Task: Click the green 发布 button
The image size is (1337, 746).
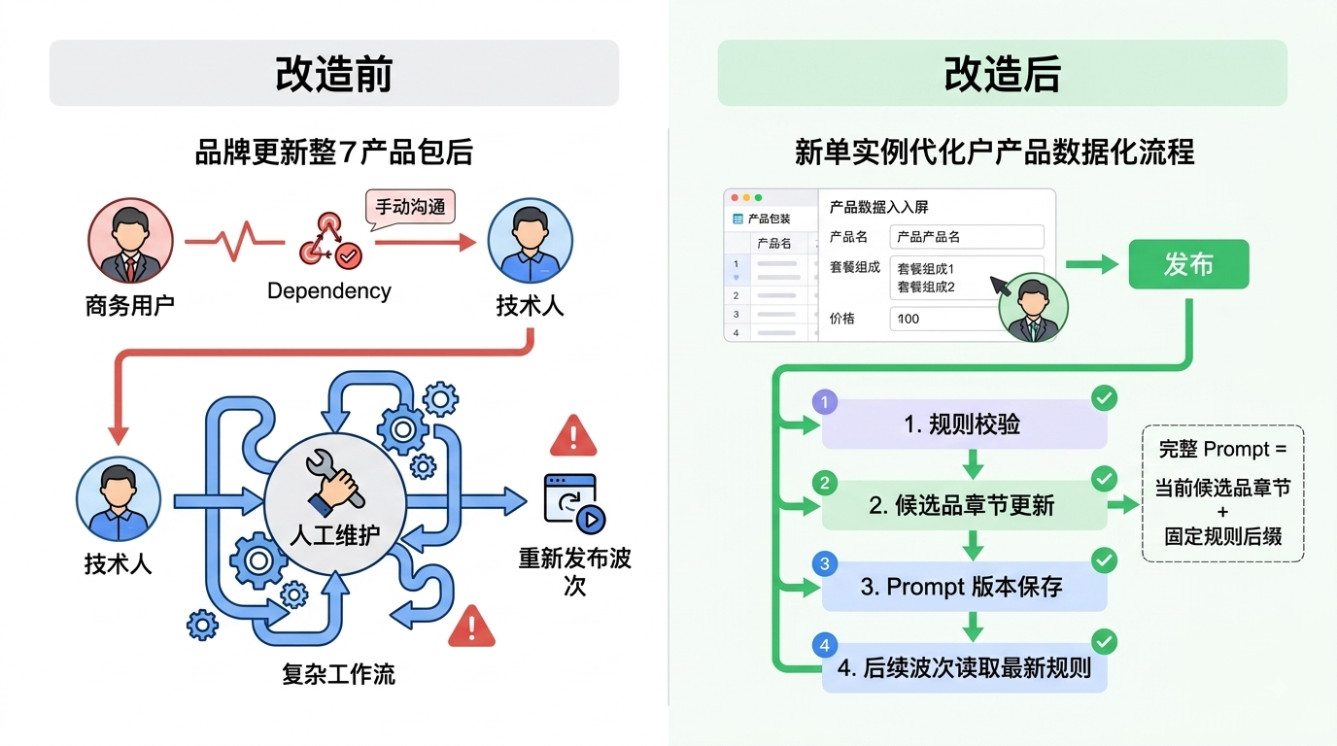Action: coord(1188,264)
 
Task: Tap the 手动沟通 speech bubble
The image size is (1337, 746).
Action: coord(410,208)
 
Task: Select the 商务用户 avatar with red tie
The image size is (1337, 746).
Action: coord(130,241)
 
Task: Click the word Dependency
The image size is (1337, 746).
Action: coord(328,290)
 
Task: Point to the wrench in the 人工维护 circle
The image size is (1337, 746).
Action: coord(333,482)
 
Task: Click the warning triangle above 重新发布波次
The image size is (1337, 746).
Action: coord(573,436)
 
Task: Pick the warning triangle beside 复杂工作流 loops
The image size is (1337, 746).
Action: coord(471,627)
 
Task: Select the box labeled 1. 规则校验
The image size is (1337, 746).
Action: coord(964,424)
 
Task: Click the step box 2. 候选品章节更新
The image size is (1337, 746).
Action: coord(964,505)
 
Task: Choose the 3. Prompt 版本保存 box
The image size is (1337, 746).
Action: coord(964,587)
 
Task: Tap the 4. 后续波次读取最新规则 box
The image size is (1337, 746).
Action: coord(964,668)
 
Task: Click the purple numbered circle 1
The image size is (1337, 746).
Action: coord(824,402)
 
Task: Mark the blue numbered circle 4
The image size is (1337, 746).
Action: coord(824,645)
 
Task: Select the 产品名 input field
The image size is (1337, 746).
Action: coord(967,237)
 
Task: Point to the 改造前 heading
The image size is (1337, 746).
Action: coord(333,74)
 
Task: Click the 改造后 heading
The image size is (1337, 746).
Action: coord(1002,74)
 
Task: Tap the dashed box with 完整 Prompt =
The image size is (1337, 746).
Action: coord(1222,493)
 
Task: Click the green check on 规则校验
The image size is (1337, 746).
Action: coord(1104,398)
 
